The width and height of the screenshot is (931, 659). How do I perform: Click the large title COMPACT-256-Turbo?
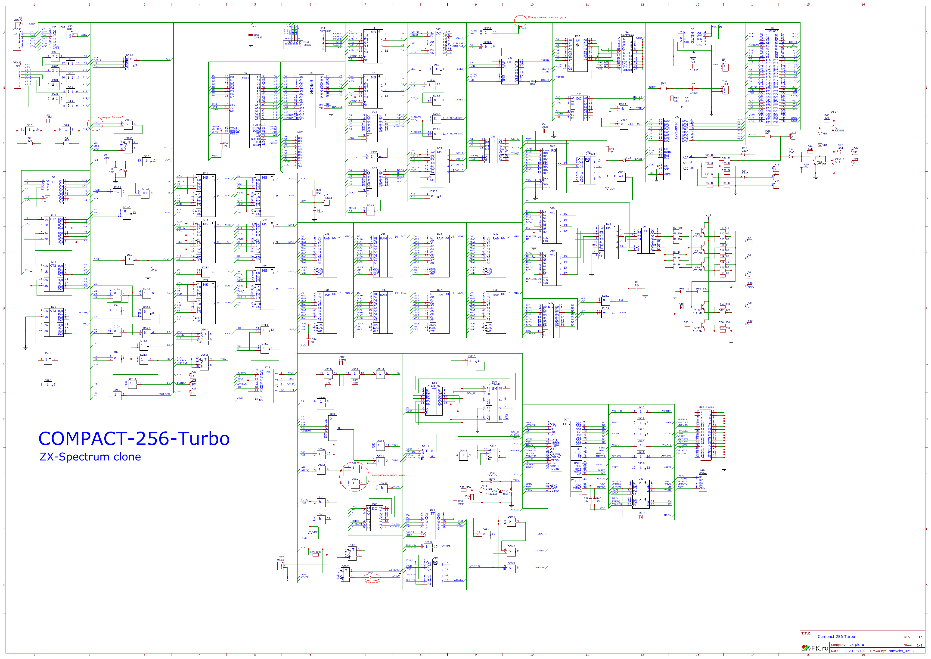pos(134,439)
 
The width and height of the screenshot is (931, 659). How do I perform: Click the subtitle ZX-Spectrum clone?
pos(90,457)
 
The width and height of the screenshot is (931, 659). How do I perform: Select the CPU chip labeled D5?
pos(245,109)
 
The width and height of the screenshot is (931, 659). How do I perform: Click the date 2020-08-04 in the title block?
pos(853,651)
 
